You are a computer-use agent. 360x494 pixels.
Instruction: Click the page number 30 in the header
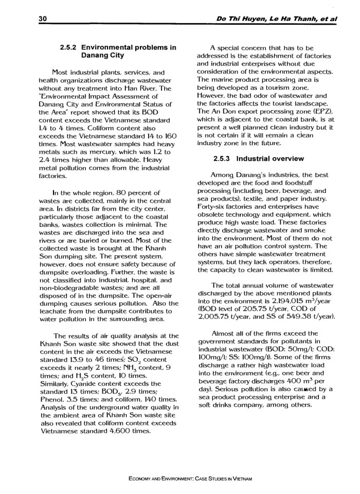click(x=43, y=19)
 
